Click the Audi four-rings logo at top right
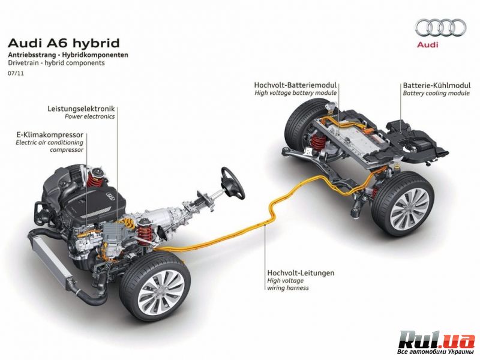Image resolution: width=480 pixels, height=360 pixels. [x=441, y=28]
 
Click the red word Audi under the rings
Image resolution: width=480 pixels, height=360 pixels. [x=428, y=45]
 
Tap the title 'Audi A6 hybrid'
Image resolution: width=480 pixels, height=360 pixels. [x=64, y=43]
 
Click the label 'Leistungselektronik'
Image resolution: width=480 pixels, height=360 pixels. [x=81, y=109]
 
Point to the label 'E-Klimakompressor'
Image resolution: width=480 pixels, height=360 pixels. [x=50, y=134]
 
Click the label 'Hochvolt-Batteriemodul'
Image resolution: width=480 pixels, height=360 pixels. [x=295, y=85]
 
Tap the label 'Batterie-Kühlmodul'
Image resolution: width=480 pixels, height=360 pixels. [x=437, y=85]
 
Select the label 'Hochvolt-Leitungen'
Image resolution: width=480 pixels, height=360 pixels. [x=301, y=272]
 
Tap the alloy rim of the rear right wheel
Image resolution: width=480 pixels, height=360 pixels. [x=410, y=209]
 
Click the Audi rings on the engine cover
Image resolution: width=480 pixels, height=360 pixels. [x=110, y=196]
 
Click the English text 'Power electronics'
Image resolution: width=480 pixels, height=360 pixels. [x=89, y=116]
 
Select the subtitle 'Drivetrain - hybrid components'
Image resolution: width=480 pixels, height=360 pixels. [x=56, y=63]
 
